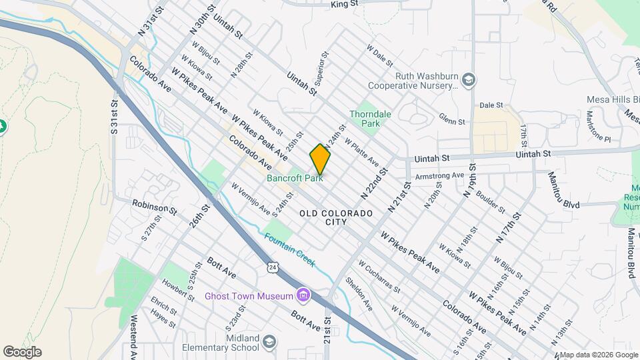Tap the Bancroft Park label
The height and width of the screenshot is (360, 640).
click(x=295, y=178)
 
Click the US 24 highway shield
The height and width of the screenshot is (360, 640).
click(x=272, y=267)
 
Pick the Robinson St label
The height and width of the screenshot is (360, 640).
click(x=154, y=206)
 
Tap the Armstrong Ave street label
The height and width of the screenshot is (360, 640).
click(x=439, y=176)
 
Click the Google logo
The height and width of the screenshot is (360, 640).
click(x=21, y=352)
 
